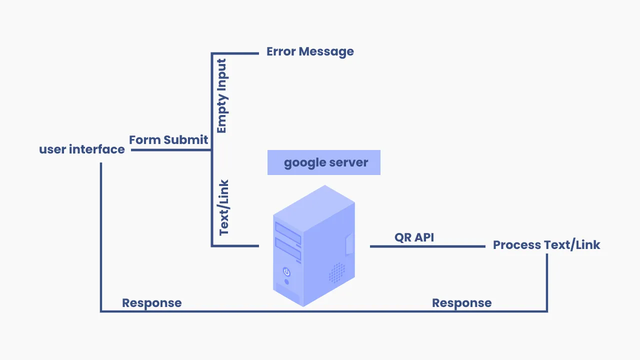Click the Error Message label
310,51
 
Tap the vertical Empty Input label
221,96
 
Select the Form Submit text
168,140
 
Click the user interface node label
82,149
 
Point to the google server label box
324,162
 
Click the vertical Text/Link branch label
224,207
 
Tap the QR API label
414,237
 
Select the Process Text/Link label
546,245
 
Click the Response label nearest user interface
152,303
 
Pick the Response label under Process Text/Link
461,303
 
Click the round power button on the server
286,271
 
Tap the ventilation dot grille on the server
337,272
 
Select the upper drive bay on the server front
288,233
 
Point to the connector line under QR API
427,246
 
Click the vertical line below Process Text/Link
547,282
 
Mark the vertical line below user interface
101,235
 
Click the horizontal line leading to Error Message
235,53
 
